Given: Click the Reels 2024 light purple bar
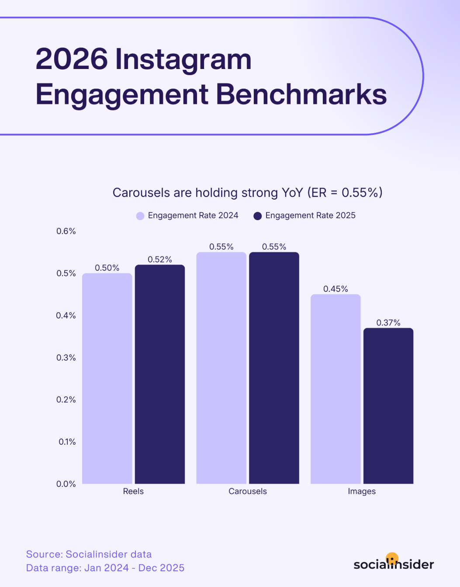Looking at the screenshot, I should coord(107,378).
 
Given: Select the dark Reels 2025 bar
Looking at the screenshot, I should coord(160,374).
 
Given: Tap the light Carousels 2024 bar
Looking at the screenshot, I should coord(221,368).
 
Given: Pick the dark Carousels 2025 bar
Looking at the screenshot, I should coord(274,368).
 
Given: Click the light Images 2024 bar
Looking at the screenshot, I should coord(335,389).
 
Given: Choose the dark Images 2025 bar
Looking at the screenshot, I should coord(388,406).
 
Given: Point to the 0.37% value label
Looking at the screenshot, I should coord(388,323).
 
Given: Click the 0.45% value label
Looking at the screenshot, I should coord(335,289).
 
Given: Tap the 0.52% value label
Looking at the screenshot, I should coord(160,259).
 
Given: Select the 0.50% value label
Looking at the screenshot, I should coord(107,268).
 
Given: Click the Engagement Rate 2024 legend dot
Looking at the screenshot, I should coord(140,216).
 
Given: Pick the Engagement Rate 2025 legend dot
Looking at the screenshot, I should coord(258,216).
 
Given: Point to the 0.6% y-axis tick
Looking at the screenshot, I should coord(66,231).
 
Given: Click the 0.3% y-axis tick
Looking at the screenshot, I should coord(66,358).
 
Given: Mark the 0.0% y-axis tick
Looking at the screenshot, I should coord(66,484).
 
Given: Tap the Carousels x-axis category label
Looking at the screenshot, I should coord(248,491).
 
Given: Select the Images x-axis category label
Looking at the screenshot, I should coord(362,491).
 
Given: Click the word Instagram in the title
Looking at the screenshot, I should coord(183,59).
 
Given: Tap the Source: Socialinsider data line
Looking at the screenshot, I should coord(89,554).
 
